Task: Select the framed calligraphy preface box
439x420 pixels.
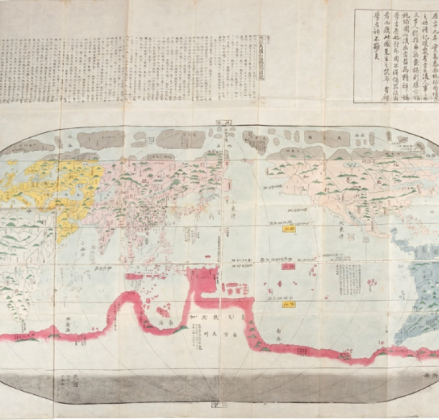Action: (x=396, y=55)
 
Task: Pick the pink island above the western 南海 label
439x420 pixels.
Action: (x=163, y=311)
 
